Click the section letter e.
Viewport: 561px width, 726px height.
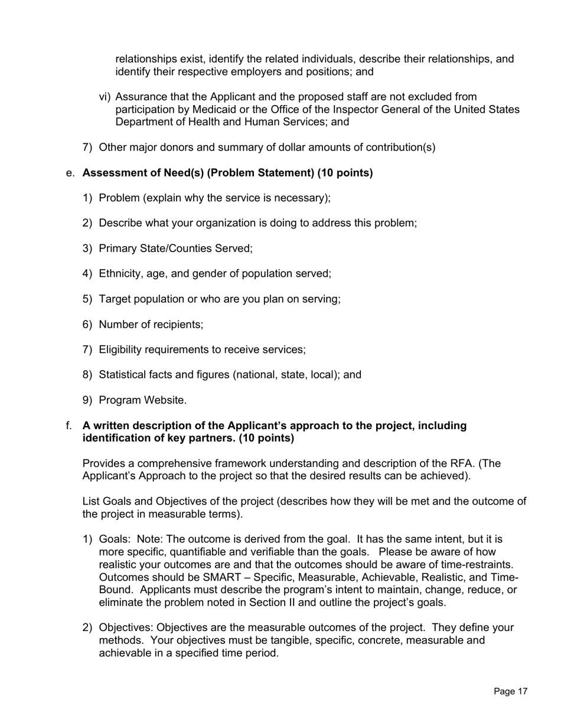coord(70,173)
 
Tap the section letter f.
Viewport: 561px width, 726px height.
coord(69,426)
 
